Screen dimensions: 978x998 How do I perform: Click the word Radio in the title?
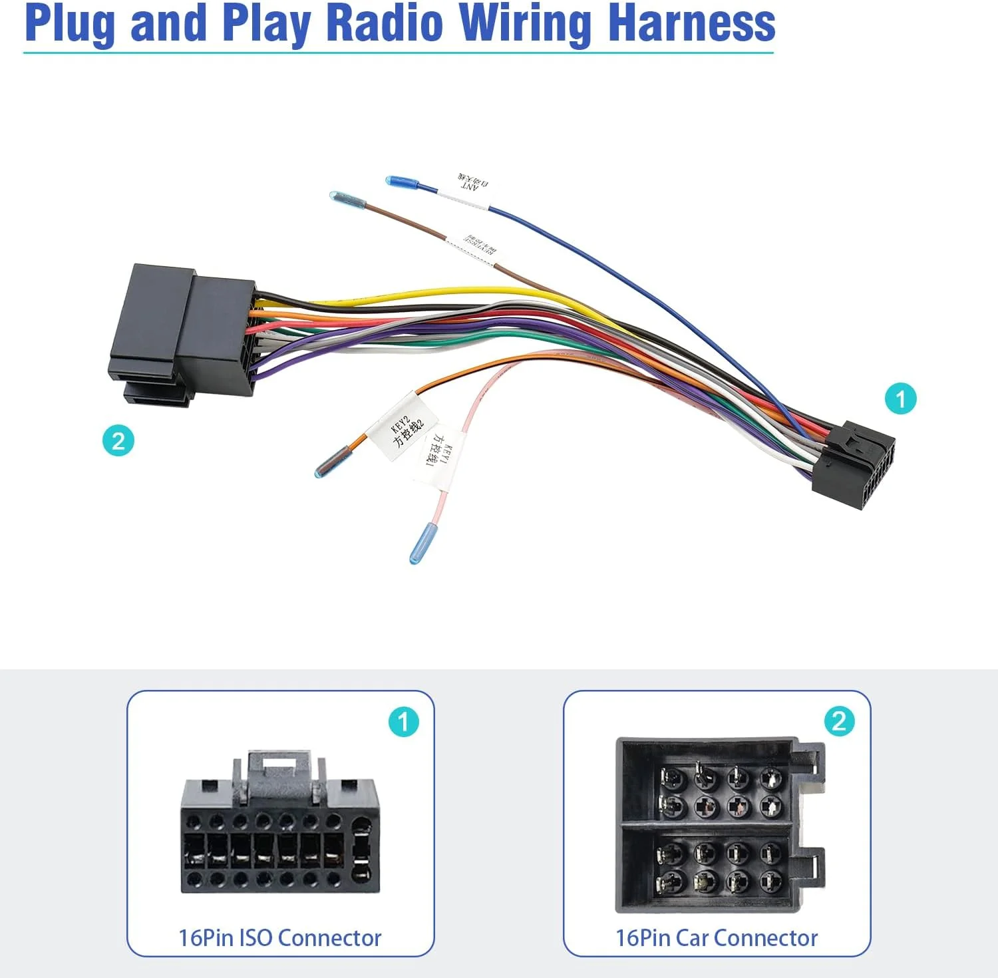(385, 23)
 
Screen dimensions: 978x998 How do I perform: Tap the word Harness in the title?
(691, 23)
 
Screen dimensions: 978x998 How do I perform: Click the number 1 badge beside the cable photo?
(900, 399)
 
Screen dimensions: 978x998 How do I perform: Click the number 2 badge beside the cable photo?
(118, 440)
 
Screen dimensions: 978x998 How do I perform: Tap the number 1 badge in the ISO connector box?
(403, 722)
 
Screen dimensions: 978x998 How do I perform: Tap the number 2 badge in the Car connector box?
(839, 721)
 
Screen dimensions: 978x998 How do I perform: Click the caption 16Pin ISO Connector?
(280, 937)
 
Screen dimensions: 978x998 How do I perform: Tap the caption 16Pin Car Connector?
(717, 937)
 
